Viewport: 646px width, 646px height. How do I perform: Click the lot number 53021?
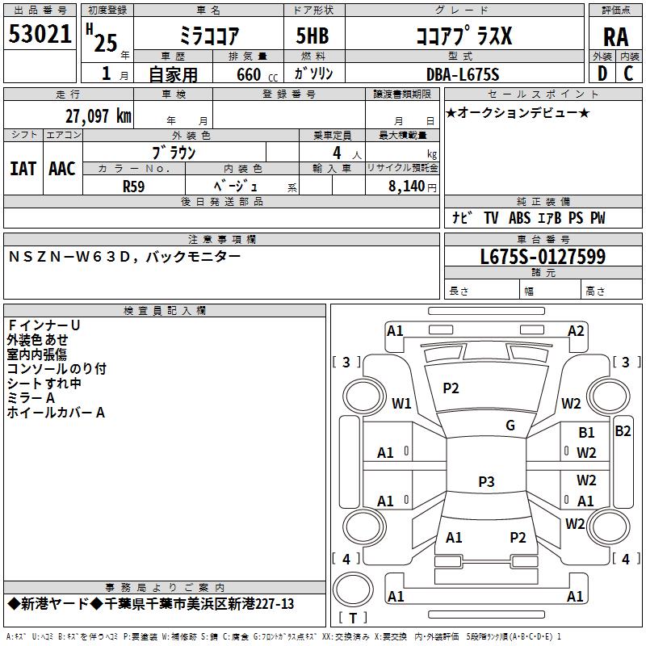click(40, 34)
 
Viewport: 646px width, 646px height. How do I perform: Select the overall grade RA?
click(616, 37)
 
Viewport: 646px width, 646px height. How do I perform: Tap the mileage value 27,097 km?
click(98, 116)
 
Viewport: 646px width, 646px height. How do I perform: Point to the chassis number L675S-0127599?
click(543, 257)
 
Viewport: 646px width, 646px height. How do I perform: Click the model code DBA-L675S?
click(463, 74)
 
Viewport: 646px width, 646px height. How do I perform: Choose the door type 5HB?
click(313, 36)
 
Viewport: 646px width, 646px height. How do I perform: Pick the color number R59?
click(133, 187)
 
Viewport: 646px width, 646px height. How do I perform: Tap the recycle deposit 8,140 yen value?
click(412, 187)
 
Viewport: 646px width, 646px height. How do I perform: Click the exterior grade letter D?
click(602, 73)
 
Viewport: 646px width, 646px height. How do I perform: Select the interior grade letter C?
click(628, 73)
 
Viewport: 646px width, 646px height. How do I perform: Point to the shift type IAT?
click(23, 169)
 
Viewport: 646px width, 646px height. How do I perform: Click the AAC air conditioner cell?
click(62, 169)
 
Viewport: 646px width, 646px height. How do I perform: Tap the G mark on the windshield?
click(510, 425)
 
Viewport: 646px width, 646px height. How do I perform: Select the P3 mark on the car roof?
click(486, 481)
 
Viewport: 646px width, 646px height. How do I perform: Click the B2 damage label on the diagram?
click(623, 431)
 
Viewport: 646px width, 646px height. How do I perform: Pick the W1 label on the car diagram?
click(401, 403)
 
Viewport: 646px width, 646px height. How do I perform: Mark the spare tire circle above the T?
click(353, 589)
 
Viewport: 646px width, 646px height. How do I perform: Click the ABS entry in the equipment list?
click(519, 218)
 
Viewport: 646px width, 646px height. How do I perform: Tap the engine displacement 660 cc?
click(257, 75)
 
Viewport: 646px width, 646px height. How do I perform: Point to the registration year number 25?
click(106, 43)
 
